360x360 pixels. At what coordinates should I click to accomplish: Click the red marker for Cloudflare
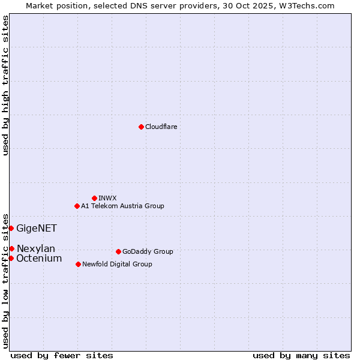click(x=141, y=127)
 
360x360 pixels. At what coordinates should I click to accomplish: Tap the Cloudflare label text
click(x=161, y=127)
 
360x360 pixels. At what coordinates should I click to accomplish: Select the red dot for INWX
click(x=94, y=198)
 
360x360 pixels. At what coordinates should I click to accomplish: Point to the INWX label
click(x=107, y=198)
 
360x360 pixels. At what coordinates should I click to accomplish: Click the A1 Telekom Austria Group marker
click(x=77, y=206)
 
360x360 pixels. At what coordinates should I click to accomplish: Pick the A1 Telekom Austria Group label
click(x=122, y=206)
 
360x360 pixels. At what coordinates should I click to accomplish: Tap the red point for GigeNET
click(x=11, y=228)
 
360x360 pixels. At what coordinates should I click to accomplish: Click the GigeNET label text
click(x=37, y=228)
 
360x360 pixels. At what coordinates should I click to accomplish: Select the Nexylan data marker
click(x=11, y=248)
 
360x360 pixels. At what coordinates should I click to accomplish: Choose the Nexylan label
click(x=36, y=249)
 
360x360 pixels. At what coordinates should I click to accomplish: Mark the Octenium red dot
click(x=11, y=258)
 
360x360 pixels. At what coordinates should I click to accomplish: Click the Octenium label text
click(x=39, y=259)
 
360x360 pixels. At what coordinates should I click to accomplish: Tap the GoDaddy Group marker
click(x=118, y=251)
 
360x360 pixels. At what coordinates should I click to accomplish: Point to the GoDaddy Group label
click(x=148, y=252)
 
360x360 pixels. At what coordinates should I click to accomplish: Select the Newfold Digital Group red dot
click(x=78, y=264)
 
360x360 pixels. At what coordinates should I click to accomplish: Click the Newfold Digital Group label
click(x=117, y=265)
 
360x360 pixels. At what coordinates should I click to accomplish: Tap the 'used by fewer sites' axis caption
click(x=62, y=355)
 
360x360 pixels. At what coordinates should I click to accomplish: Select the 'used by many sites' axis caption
click(x=301, y=355)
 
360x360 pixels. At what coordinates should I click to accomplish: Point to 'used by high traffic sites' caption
click(x=5, y=85)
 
